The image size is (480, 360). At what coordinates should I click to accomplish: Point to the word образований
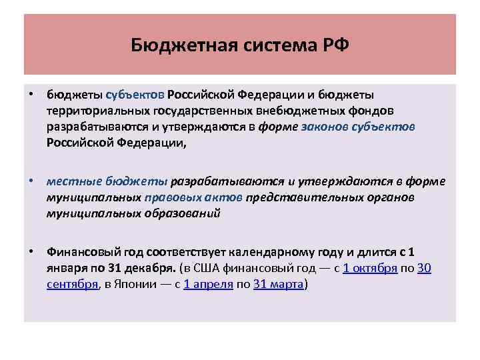click(183, 213)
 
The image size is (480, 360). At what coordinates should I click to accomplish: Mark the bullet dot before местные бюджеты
click(31, 181)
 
